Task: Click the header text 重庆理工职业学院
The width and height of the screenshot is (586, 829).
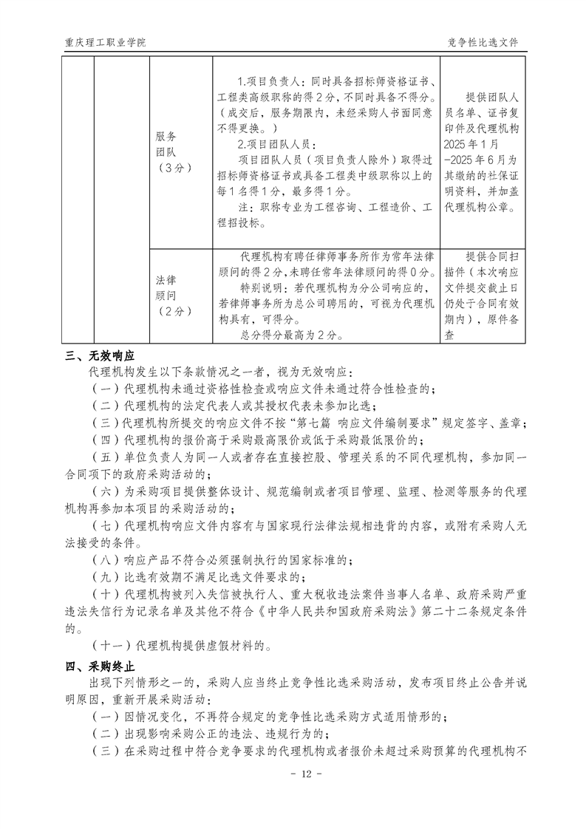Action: (x=104, y=42)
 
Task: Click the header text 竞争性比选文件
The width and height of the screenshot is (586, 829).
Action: (x=483, y=42)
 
